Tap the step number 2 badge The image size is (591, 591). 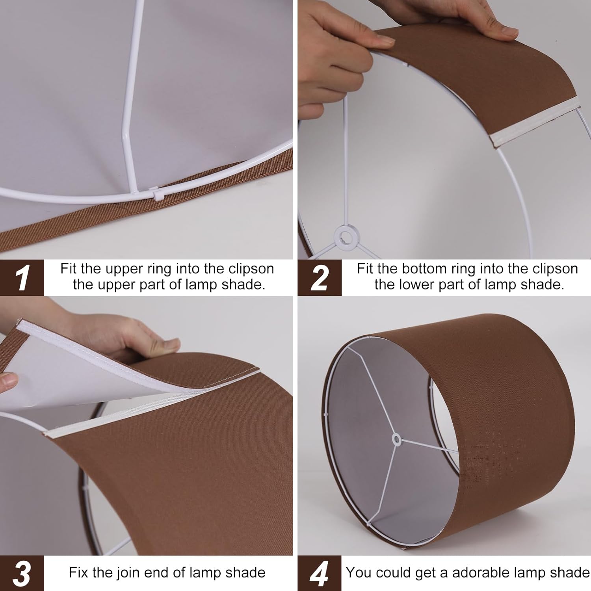coord(319,277)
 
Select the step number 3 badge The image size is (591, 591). coord(22,573)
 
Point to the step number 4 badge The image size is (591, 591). coord(319,573)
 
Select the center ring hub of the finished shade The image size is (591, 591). coord(396,439)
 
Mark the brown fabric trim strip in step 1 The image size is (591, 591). coord(118,213)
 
